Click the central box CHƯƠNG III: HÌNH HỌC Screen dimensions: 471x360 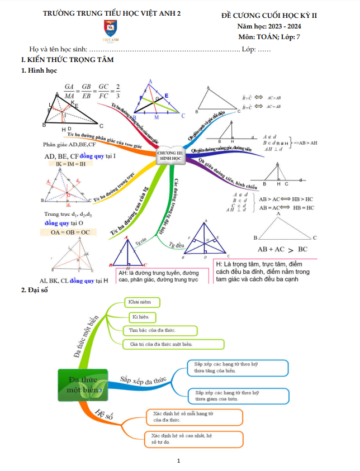click(170, 156)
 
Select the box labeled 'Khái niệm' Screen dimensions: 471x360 click(141, 302)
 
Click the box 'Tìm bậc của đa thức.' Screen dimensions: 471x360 click(160, 330)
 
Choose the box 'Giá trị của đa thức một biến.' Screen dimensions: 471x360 click(173, 344)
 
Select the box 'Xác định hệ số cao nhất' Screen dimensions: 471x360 click(191, 439)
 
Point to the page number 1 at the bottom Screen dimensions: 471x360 click(178, 461)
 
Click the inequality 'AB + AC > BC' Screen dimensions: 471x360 click(282, 250)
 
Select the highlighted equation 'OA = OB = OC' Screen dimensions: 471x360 click(65, 232)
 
